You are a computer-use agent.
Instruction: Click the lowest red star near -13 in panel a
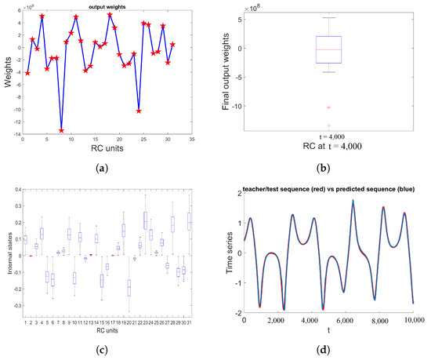[x=61, y=130]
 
